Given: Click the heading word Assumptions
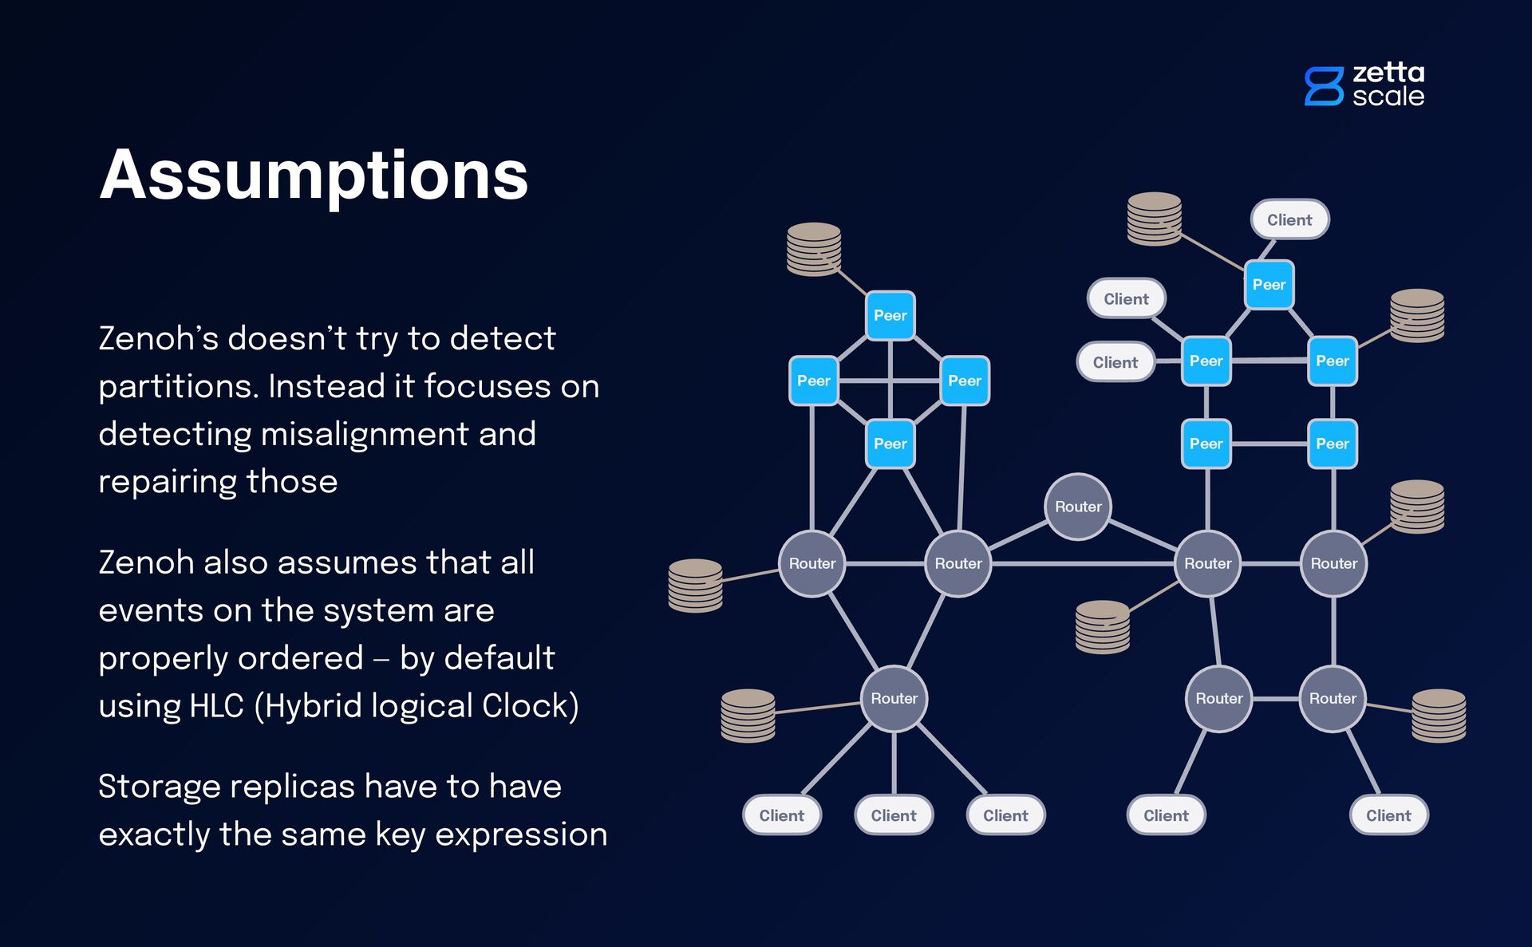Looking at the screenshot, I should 314,176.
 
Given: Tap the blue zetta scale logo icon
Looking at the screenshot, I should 1323,86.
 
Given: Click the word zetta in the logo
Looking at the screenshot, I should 1388,73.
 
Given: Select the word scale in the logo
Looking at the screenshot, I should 1388,97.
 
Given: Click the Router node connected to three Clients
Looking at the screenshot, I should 894,698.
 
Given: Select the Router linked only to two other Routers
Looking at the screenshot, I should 1077,507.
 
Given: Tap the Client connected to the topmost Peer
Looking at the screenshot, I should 1289,219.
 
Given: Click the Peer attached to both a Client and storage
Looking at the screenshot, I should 1269,285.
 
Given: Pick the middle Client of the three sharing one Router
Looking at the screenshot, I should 894,815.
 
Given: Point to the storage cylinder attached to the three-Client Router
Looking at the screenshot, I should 748,715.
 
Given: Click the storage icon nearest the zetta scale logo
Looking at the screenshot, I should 1416,315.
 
